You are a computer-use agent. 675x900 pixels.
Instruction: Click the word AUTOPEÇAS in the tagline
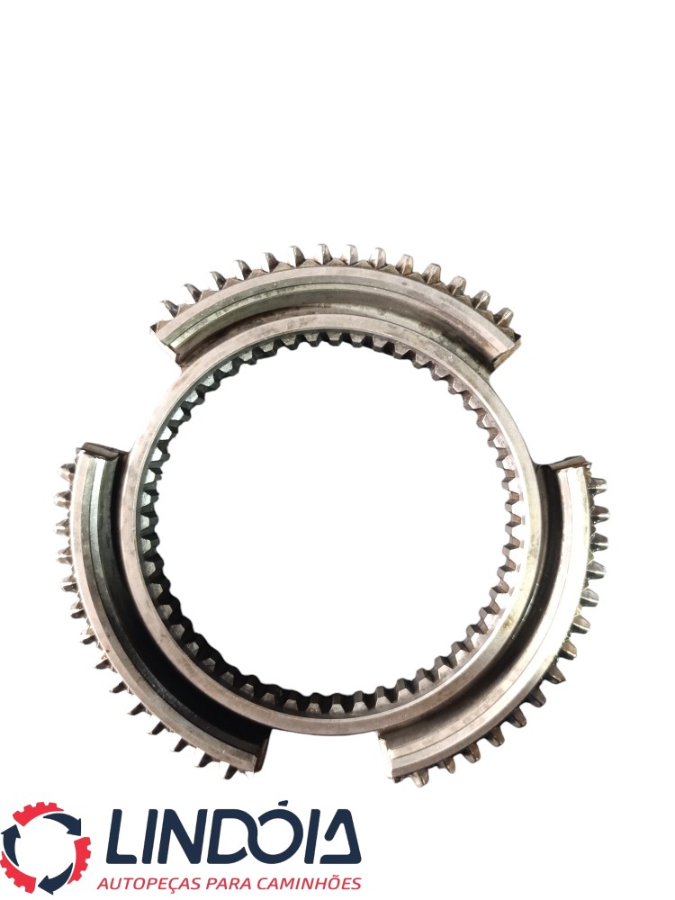point(151,883)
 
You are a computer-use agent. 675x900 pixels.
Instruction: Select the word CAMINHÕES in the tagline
point(312,882)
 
